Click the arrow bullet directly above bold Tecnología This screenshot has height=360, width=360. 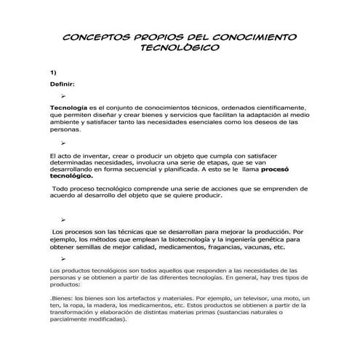coord(65,95)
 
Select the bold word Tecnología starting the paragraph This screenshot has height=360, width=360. coord(70,107)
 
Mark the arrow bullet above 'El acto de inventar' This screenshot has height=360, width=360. coord(65,144)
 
